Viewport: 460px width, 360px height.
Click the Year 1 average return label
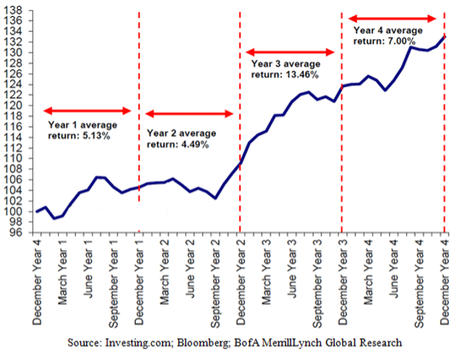tap(78, 131)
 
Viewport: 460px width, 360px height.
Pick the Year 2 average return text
tap(181, 139)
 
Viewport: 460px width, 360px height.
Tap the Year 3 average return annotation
tap(282, 69)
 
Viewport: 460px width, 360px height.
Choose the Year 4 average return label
tap(388, 35)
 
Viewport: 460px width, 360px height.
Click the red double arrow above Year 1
tap(88, 111)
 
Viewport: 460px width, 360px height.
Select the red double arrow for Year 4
tap(392, 18)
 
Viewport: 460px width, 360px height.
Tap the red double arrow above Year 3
tap(290, 52)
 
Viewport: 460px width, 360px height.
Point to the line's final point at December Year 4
tap(444, 37)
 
